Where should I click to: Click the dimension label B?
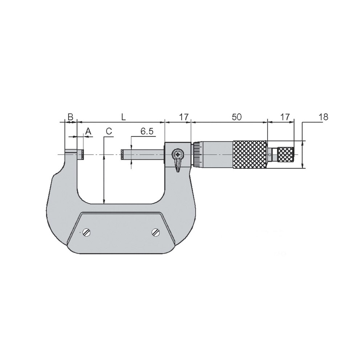70,117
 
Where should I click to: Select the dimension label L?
123,117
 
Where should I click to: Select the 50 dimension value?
236,117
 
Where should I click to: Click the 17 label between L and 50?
184,117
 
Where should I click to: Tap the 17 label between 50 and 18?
285,117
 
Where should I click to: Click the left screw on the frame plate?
86,232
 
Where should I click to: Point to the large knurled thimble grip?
250,155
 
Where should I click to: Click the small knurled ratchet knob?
286,155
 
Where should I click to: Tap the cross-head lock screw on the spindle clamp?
178,154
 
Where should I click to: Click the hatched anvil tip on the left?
83,155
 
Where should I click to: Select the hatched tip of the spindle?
123,155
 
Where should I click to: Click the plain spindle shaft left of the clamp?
145,155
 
